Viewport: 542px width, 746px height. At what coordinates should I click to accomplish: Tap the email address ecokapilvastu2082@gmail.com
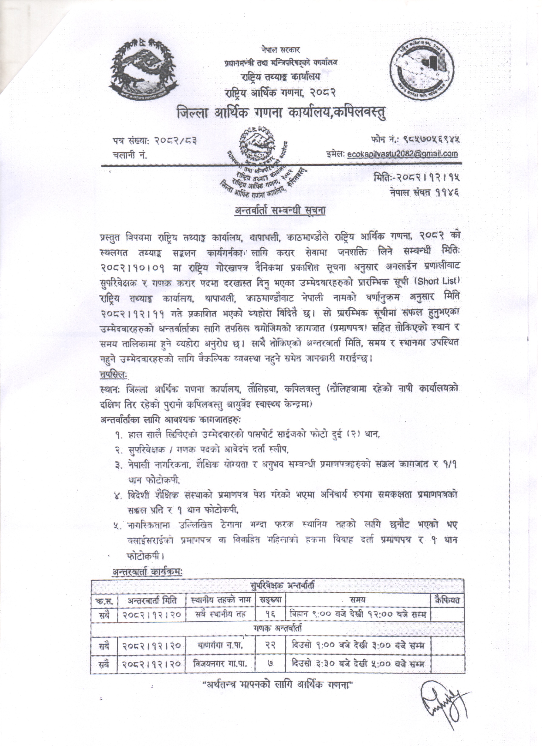click(403, 153)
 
